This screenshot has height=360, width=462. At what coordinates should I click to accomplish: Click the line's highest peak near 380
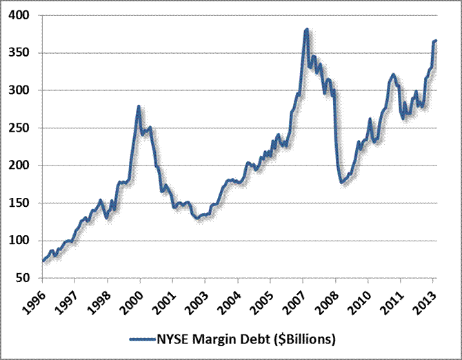click(306, 30)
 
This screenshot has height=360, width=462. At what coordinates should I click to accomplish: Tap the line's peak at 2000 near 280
click(139, 106)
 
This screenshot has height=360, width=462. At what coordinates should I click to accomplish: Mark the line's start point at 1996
click(43, 261)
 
